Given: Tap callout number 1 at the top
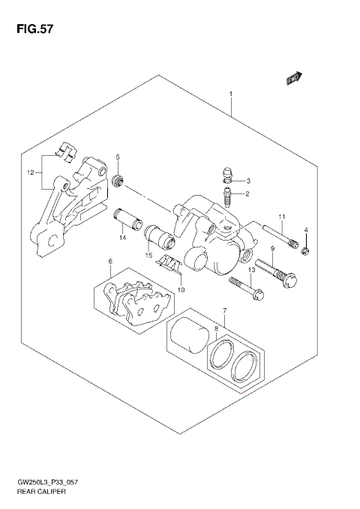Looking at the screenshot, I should coord(231,94).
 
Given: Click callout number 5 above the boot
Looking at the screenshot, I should coord(118,157).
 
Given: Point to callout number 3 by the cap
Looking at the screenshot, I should coord(248,181).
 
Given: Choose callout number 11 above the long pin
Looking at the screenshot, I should coord(282,217).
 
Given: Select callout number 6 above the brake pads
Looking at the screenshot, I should coord(109,262).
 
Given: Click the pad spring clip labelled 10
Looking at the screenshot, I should coord(172,265).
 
